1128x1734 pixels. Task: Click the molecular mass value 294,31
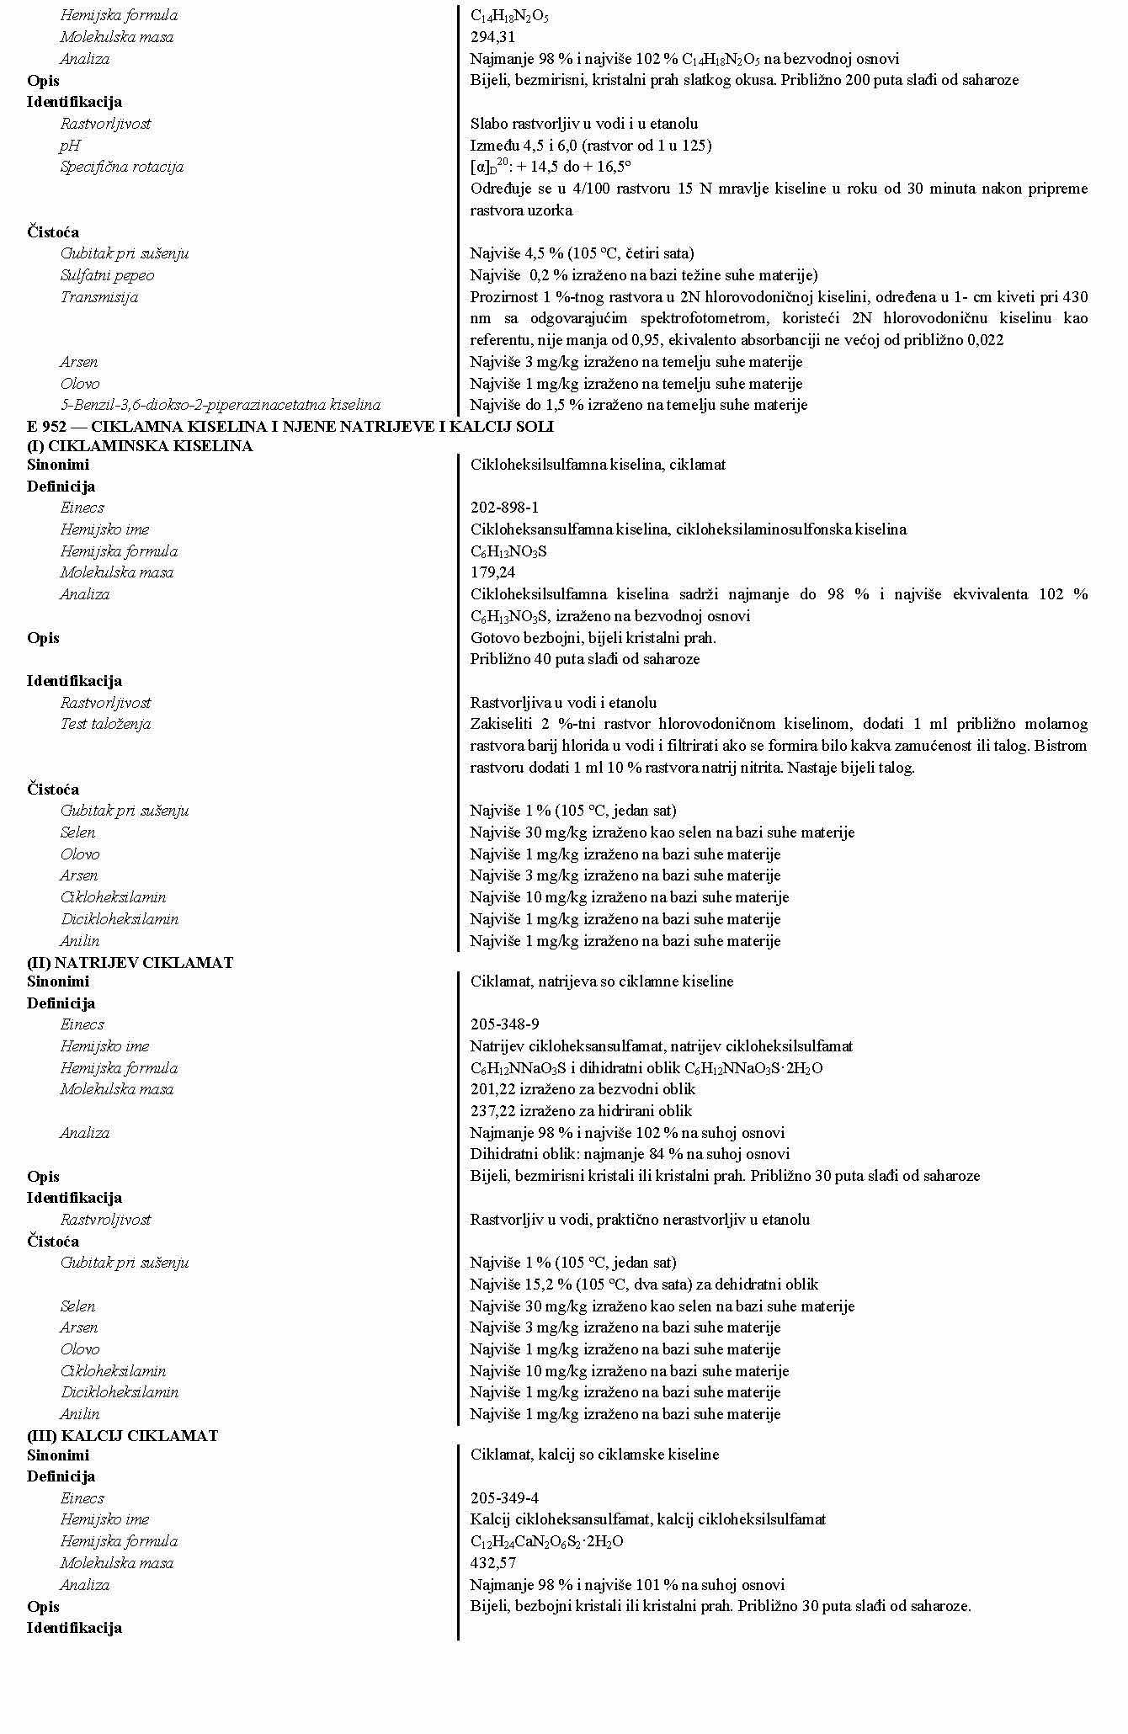[492, 37]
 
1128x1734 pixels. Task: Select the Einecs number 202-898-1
[504, 508]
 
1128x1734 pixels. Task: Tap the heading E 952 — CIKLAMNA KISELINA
[290, 427]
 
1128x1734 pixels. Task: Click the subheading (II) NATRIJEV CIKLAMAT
[130, 962]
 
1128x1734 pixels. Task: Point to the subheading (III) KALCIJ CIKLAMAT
[122, 1435]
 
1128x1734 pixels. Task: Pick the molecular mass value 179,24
[492, 572]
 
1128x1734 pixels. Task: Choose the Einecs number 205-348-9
[504, 1024]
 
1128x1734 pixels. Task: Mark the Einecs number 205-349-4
[504, 1498]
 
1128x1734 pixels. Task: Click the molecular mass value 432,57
[492, 1563]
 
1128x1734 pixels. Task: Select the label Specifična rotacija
[121, 167]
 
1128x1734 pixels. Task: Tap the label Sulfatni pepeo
[107, 275]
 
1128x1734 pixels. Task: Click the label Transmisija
[98, 297]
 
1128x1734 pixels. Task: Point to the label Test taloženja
[105, 724]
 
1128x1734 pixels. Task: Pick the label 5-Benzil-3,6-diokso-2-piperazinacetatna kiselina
[220, 405]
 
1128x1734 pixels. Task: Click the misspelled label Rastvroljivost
[105, 1220]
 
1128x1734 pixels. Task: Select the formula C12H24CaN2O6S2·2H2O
[546, 1542]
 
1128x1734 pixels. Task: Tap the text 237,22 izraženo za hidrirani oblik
[581, 1111]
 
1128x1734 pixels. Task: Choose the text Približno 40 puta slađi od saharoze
[584, 659]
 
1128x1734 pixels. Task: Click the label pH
[70, 146]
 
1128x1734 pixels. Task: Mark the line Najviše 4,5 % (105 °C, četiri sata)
[582, 253]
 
